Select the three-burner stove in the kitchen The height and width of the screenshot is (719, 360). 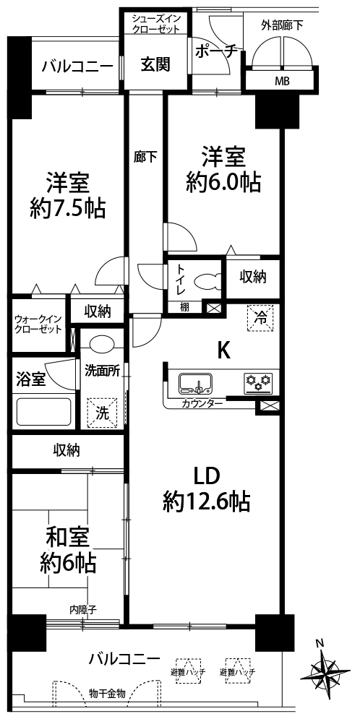(x=258, y=383)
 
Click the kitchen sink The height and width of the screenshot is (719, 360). (x=195, y=383)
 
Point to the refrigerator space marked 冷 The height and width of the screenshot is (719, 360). (x=260, y=317)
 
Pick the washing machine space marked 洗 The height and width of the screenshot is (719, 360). (x=102, y=412)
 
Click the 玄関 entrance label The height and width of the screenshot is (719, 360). (x=155, y=64)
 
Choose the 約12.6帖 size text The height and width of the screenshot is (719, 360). (x=206, y=502)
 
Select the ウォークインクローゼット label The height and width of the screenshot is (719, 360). (x=38, y=324)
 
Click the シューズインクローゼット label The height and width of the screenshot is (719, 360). (x=155, y=23)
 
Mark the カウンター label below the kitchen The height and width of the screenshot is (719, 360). (x=202, y=404)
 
